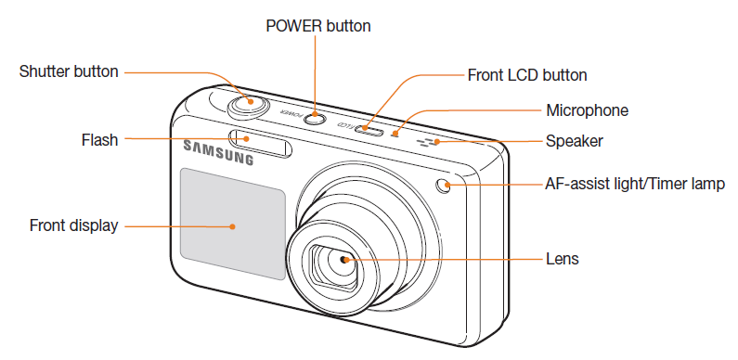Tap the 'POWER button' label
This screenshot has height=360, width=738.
[317, 26]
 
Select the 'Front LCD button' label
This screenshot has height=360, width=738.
[527, 75]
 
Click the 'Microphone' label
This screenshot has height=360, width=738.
[587, 110]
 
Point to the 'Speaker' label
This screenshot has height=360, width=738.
[575, 141]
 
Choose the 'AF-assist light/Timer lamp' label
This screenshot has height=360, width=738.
[633, 184]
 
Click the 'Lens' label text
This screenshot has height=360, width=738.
[563, 260]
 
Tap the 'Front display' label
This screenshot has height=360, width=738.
[73, 225]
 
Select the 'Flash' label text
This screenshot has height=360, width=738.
[99, 140]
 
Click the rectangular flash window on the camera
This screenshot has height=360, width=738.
[263, 141]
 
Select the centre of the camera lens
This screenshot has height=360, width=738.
[345, 261]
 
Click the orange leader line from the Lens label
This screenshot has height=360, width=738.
[446, 260]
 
